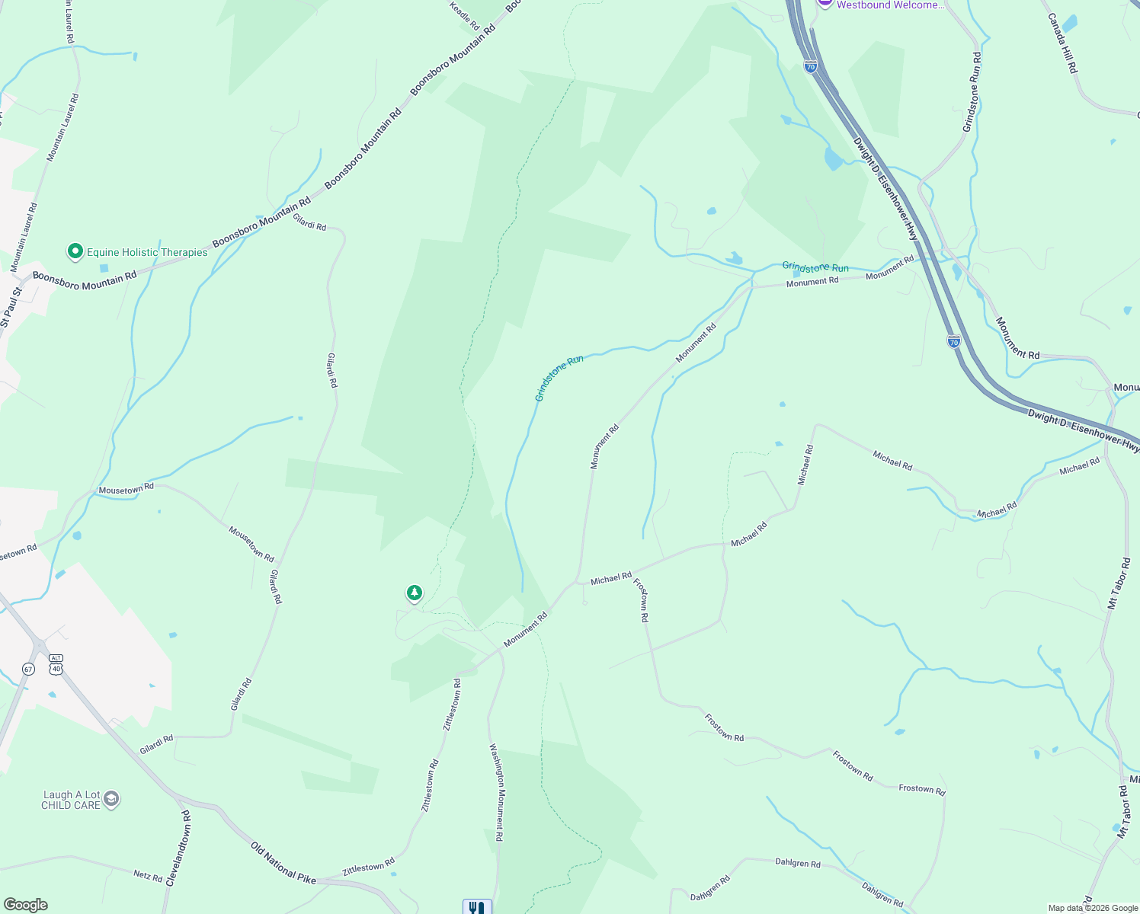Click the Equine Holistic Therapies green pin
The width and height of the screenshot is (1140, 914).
pos(75,251)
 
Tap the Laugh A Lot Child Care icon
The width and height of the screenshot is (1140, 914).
pos(111,799)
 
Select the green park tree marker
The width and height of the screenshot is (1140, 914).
pos(414,593)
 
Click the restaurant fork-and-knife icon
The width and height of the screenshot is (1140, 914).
pos(477,907)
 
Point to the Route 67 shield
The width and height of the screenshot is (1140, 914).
pos(28,669)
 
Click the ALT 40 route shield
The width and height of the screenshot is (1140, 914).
pos(56,663)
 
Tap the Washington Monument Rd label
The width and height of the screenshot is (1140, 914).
pos(496,792)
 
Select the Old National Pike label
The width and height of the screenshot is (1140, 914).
pos(283,862)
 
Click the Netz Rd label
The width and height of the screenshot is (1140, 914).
pos(148,876)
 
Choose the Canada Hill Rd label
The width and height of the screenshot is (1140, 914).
pos(1062,43)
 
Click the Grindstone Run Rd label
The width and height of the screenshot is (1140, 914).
pos(972,92)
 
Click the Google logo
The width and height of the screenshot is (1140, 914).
pos(25,905)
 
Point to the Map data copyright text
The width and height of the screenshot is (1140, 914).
pos(1093,908)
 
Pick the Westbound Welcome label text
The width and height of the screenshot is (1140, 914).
pos(890,5)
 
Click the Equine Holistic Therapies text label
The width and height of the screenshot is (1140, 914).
pos(147,252)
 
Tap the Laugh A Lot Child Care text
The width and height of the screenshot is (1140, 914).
pos(71,800)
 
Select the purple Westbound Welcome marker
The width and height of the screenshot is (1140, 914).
pos(825,3)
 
